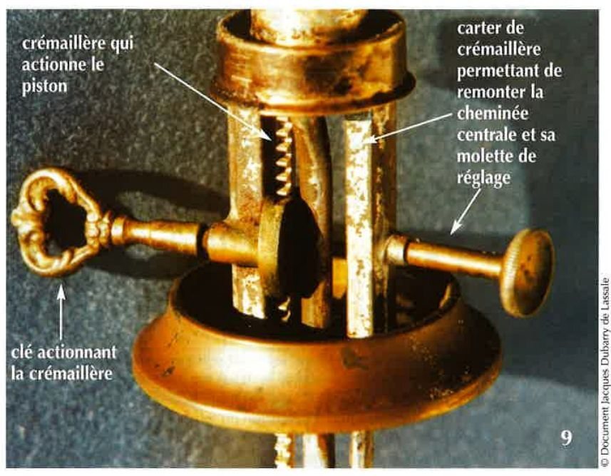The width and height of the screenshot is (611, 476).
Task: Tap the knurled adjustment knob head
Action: point(526,272)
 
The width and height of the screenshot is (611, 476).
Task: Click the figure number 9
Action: point(567,438)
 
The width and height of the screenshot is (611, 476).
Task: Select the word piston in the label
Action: point(44,86)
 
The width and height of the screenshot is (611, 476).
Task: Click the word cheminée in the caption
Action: point(493,113)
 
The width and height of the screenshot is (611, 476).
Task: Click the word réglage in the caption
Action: point(483,178)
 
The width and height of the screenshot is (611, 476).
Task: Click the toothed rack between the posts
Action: point(283,157)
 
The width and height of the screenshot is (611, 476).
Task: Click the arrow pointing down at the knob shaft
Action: point(466,211)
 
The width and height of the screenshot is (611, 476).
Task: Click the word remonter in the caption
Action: point(489,93)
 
